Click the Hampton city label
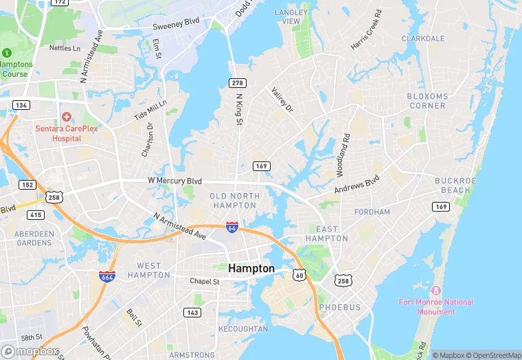coord(251,269)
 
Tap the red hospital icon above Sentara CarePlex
coord(67,117)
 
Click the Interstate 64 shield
coord(232,226)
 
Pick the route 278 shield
coord(237,82)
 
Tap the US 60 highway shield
coord(299,275)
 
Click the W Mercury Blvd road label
coord(174,181)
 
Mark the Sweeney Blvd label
coord(175,22)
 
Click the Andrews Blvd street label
coord(356,184)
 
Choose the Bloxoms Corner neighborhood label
coord(427,101)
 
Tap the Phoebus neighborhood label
coord(339,307)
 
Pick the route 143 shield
coord(193,313)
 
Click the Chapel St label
coord(205,282)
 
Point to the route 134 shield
coord(20,104)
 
